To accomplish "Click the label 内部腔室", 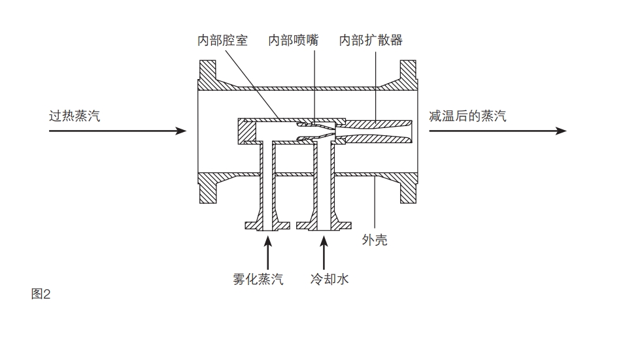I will click(222, 41).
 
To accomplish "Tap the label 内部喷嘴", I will click(293, 41).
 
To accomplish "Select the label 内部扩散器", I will click(371, 41).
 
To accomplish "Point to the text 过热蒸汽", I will click(75, 116).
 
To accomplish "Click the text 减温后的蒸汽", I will click(467, 116).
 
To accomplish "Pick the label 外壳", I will click(375, 240).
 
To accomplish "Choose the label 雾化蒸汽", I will click(258, 280).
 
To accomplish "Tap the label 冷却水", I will click(329, 280).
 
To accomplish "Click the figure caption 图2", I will click(41, 294).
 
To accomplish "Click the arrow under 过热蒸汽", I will click(118, 131).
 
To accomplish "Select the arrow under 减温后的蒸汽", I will click(497, 131).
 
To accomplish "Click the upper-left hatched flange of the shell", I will click(207, 74).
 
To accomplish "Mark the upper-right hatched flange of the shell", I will click(407, 74).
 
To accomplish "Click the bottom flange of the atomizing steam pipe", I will click(267, 225).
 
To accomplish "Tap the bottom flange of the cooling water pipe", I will click(324, 225).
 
